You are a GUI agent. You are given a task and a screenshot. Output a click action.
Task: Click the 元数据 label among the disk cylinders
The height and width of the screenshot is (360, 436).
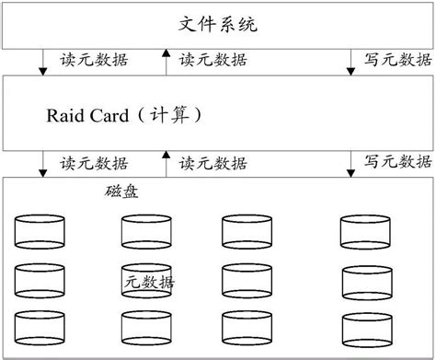tap(149, 282)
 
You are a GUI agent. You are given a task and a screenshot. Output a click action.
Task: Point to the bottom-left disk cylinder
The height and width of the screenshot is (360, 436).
tap(40, 327)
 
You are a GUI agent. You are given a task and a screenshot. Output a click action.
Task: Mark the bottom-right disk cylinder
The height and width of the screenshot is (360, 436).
tap(366, 329)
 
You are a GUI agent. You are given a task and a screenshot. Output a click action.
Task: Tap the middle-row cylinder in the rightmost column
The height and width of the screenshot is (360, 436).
tap(366, 280)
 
